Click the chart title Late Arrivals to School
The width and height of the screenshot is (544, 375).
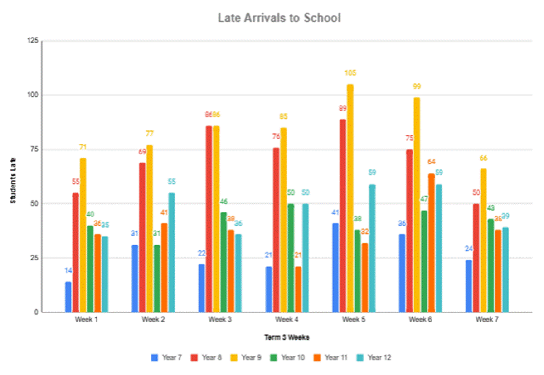pyautogui.click(x=279, y=18)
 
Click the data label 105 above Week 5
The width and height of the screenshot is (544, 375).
pyautogui.click(x=350, y=73)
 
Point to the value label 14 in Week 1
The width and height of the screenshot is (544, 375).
pyautogui.click(x=68, y=270)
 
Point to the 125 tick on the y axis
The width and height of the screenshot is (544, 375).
pyautogui.click(x=33, y=41)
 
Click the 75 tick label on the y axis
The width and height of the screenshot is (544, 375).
pyautogui.click(x=34, y=149)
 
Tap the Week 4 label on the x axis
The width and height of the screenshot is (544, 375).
pyautogui.click(x=287, y=320)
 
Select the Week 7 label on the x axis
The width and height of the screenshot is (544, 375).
pyautogui.click(x=487, y=320)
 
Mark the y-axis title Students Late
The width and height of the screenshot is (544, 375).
pyautogui.click(x=14, y=180)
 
